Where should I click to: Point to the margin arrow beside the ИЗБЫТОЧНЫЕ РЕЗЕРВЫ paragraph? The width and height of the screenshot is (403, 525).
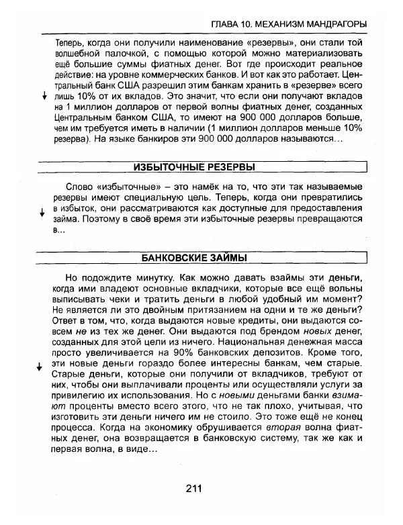pos(42,212)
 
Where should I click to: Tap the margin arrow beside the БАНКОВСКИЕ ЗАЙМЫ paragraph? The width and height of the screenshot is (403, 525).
pos(42,370)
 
